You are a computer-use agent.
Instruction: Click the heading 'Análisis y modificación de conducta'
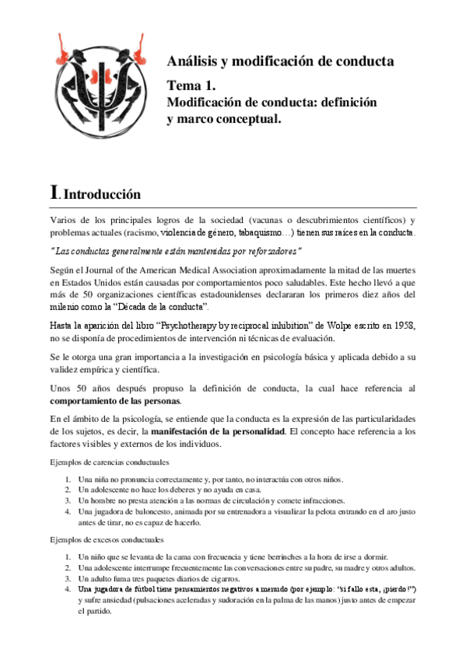coord(280,61)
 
